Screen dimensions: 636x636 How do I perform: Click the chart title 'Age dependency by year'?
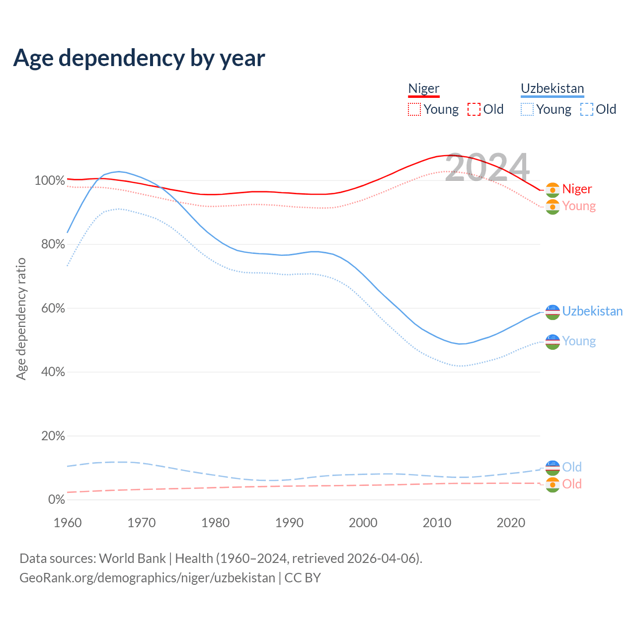[x=139, y=58]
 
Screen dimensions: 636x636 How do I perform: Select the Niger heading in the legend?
[x=424, y=88]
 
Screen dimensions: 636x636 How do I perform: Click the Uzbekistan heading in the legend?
[x=552, y=88]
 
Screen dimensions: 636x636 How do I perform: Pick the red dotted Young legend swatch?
[x=414, y=109]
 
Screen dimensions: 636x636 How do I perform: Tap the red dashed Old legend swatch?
[x=474, y=109]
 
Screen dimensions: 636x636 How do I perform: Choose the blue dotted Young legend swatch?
[x=527, y=109]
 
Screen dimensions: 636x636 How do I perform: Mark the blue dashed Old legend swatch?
[x=587, y=109]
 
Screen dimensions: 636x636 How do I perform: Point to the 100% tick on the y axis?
[x=50, y=181]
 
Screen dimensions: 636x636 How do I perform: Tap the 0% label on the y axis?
[x=57, y=500]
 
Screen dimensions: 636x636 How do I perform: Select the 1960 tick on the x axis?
[x=68, y=523]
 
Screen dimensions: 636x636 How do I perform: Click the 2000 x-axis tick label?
[x=363, y=523]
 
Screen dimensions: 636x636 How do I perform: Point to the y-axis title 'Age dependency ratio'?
[x=21, y=318]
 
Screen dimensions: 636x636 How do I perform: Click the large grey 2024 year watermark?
[x=487, y=167]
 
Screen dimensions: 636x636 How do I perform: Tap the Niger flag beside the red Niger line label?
[x=553, y=190]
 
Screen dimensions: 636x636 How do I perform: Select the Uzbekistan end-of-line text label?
[x=592, y=312]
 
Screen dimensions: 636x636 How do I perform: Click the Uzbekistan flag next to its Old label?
[x=553, y=468]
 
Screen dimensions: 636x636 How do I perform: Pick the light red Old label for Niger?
[x=572, y=484]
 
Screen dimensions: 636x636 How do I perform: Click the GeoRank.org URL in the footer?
[x=147, y=578]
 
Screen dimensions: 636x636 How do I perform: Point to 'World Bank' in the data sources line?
[x=132, y=558]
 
